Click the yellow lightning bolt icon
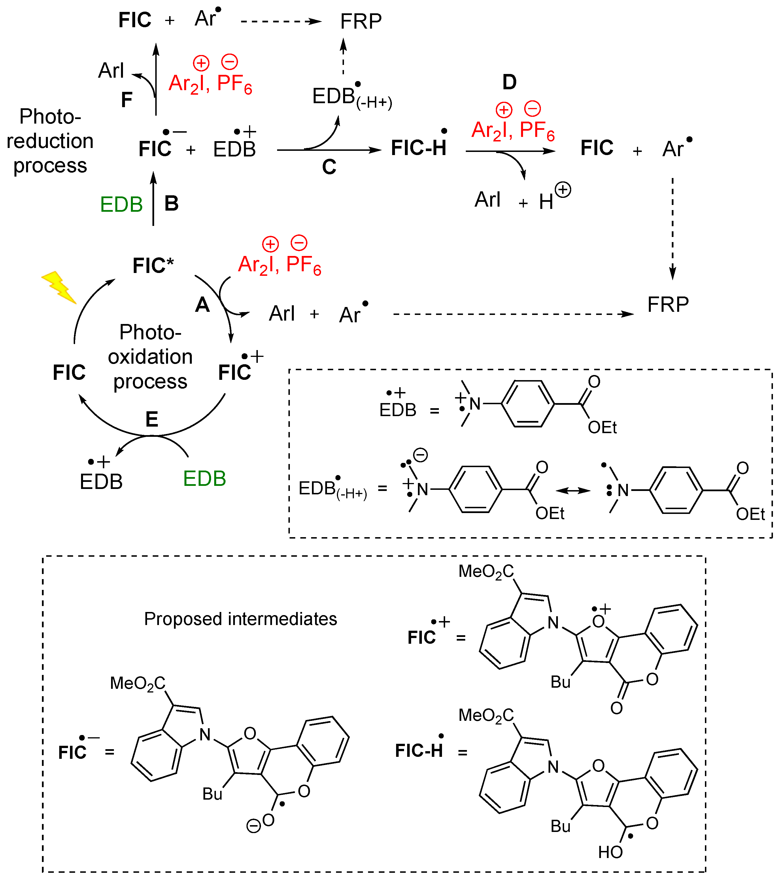(x=59, y=287)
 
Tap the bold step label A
(x=202, y=305)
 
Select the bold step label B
(x=171, y=204)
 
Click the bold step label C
(x=329, y=167)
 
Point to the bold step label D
(x=509, y=82)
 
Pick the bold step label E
(x=152, y=419)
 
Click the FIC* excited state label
(x=153, y=265)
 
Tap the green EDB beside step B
(x=121, y=204)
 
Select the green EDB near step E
(x=204, y=478)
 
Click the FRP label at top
(x=360, y=22)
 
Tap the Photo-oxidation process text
(x=150, y=357)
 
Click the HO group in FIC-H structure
(x=610, y=852)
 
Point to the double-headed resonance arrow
(x=573, y=491)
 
